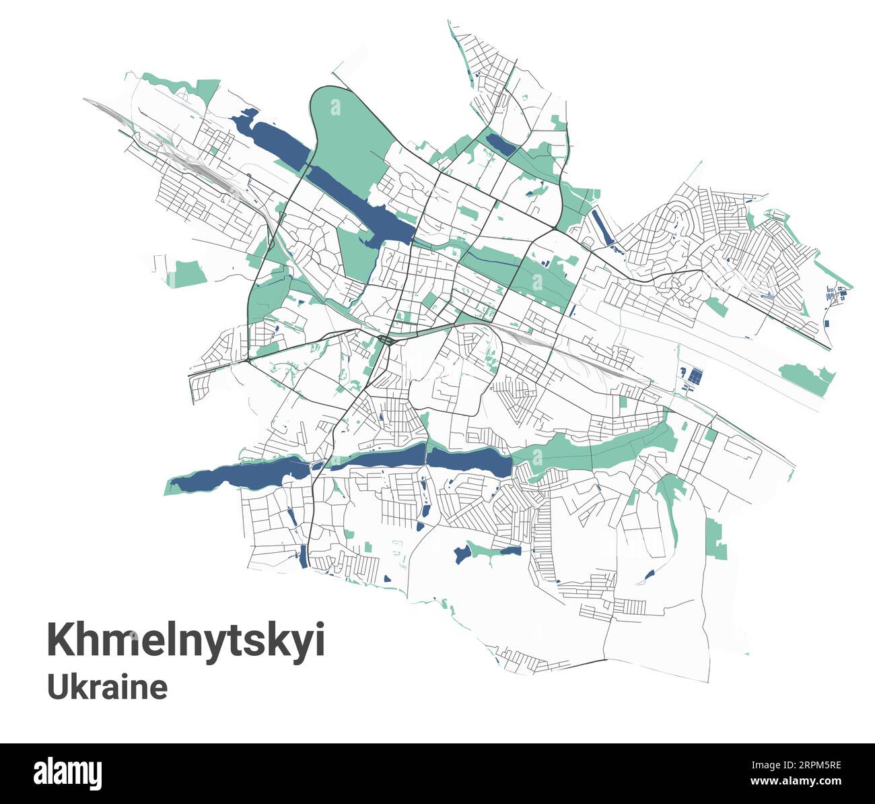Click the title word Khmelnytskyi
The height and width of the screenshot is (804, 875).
pyautogui.click(x=186, y=640)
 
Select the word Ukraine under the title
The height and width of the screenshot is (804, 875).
pyautogui.click(x=107, y=688)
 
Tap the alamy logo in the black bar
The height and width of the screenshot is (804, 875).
pyautogui.click(x=69, y=772)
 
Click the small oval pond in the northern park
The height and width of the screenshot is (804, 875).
pyautogui.click(x=499, y=143)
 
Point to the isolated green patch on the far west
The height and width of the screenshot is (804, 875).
pyautogui.click(x=186, y=273)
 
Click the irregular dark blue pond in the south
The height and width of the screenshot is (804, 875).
pyautogui.click(x=462, y=554)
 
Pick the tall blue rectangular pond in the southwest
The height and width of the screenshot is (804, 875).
pyautogui.click(x=303, y=556)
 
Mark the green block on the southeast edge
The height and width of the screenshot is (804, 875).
pyautogui.click(x=716, y=539)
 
